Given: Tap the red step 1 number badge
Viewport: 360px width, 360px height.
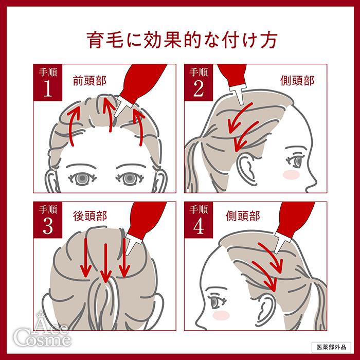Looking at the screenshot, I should coord(47,83).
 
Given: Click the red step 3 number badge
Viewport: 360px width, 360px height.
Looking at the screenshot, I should coord(47,221).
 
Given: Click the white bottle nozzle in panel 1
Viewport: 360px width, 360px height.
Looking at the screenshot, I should coord(123,105).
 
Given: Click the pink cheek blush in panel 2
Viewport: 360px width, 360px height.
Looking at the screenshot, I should coord(292,175).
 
